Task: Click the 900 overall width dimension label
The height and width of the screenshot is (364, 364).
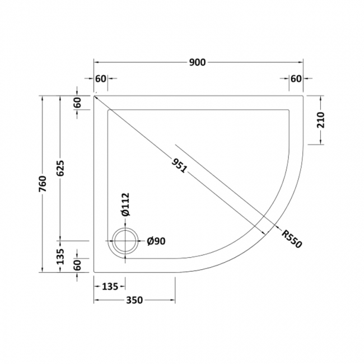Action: pyautogui.click(x=198, y=62)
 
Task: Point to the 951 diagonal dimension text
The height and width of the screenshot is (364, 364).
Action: pyautogui.click(x=179, y=165)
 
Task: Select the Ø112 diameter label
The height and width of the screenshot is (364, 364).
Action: pyautogui.click(x=125, y=204)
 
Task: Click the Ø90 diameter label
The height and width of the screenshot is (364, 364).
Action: pyautogui.click(x=156, y=242)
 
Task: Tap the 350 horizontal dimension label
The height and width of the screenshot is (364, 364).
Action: pyautogui.click(x=134, y=300)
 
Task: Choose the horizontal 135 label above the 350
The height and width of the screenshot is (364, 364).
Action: pyautogui.click(x=109, y=287)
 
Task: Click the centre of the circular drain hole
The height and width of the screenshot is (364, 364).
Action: pyautogui.click(x=123, y=242)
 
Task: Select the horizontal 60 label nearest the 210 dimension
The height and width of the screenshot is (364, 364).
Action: pyautogui.click(x=296, y=78)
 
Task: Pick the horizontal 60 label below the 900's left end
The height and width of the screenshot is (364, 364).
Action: pyautogui.click(x=101, y=78)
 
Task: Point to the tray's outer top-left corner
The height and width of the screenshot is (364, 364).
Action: pyautogui.click(x=94, y=95)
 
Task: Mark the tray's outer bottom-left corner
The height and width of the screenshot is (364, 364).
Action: pyautogui.click(x=94, y=272)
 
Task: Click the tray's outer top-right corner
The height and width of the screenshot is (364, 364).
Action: pyautogui.click(x=303, y=95)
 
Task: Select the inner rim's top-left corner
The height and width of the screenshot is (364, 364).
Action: pyautogui.click(x=108, y=109)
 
